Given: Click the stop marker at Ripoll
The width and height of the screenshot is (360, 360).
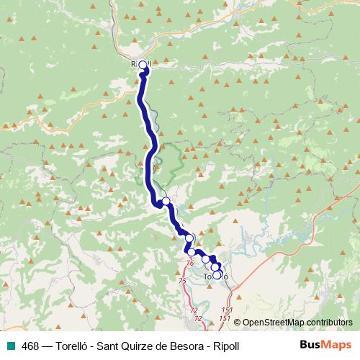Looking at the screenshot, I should [142, 66].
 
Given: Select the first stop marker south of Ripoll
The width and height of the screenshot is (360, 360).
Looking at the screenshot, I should [166, 201].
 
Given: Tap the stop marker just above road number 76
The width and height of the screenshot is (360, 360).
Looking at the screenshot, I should [191, 253].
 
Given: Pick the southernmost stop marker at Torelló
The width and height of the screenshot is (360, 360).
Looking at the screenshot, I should [217, 274].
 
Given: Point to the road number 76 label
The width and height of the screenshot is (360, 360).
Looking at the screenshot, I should [190, 264].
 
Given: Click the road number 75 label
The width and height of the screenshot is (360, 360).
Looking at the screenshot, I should [181, 280].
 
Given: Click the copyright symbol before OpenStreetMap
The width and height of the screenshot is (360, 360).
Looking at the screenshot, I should [238, 322].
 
